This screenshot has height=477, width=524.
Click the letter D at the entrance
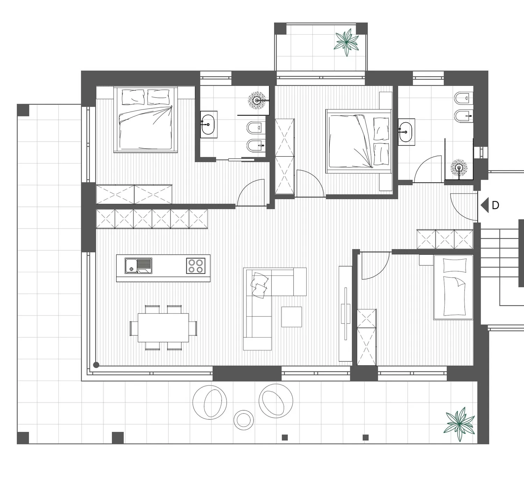(495, 205)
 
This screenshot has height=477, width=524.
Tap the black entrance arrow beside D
(485, 205)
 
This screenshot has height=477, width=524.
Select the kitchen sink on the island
(138, 266)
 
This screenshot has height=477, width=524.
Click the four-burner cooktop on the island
(196, 266)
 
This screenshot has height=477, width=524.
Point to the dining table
(163, 327)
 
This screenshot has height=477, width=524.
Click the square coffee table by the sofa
(292, 317)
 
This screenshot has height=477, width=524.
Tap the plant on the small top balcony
(346, 42)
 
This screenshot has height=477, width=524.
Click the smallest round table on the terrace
(243, 420)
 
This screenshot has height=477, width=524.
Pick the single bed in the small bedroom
(453, 287)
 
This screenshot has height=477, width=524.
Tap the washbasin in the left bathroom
(208, 125)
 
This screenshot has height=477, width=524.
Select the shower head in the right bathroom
(459, 167)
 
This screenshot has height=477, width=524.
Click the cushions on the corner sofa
(259, 285)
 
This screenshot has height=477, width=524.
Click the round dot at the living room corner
(96, 365)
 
